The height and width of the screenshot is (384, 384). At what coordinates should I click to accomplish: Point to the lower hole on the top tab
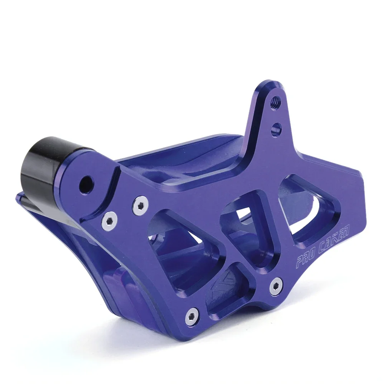click(x=275, y=127)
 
